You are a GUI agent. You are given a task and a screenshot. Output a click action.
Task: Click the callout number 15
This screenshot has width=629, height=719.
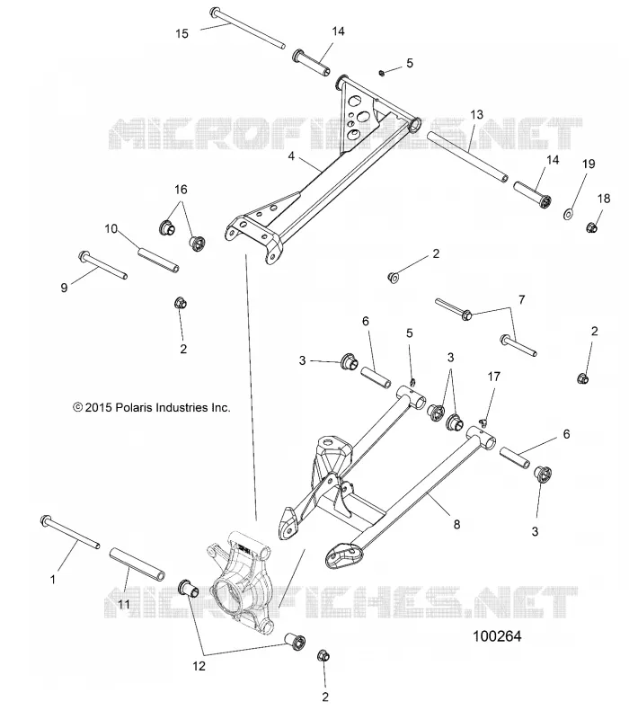coord(182,33)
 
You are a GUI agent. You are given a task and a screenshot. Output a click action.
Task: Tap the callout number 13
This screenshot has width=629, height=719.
coord(477,114)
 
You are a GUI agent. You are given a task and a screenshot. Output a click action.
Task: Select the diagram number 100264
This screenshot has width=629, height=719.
coord(497,636)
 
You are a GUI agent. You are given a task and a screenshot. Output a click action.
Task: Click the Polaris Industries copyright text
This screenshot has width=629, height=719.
coord(152,407)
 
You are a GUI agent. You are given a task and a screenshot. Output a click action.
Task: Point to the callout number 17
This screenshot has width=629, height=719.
coord(493,377)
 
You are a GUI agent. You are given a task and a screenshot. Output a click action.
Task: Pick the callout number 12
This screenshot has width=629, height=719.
coord(199,666)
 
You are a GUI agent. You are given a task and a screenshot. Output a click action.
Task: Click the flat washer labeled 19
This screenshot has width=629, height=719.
coord(570,214)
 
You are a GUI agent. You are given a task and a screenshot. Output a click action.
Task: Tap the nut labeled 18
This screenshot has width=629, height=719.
coord(591,226)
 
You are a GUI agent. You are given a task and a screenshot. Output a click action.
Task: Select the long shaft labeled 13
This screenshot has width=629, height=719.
coord(467,156)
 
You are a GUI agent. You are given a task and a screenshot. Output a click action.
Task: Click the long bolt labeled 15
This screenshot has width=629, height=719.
coord(248,27)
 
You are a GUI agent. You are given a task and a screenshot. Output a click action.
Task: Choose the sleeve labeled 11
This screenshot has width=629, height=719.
coord(137,564)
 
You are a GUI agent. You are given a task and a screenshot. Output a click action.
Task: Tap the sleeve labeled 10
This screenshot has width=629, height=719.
coord(158,260)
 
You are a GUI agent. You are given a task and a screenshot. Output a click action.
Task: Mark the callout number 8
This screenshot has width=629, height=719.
coord(456,524)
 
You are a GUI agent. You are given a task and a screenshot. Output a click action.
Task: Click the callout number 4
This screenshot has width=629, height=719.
coord(291,156)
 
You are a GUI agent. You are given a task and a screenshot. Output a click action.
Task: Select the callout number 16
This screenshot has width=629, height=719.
coord(182,190)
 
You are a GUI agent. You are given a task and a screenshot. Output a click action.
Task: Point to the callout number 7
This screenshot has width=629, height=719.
coord(522,300)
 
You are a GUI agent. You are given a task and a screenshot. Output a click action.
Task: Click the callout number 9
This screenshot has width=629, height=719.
coord(64,288)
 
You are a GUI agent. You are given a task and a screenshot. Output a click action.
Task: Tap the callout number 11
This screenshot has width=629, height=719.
coord(124,604)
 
